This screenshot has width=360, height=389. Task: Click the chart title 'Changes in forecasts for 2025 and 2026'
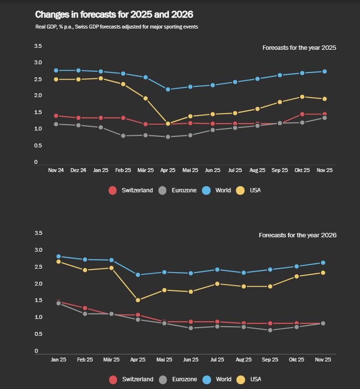(x=114, y=15)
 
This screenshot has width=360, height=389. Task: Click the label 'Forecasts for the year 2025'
(x=299, y=48)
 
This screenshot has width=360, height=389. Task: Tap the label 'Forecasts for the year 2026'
(x=297, y=235)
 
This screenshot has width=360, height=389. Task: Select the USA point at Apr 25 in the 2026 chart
(x=138, y=300)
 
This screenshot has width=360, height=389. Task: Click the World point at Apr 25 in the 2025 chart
(x=168, y=89)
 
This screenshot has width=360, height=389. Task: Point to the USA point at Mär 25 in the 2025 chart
(x=145, y=98)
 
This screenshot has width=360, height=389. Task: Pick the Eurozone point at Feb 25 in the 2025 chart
(x=123, y=136)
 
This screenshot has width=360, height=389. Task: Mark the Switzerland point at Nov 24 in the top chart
(x=56, y=116)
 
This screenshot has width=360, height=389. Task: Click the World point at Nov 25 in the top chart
(x=324, y=72)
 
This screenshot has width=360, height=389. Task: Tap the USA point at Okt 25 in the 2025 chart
(x=302, y=97)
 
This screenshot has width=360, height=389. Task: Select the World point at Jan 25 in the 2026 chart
(x=58, y=257)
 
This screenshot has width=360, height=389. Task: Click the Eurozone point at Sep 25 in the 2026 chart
(x=270, y=330)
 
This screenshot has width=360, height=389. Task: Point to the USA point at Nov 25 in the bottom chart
(x=323, y=273)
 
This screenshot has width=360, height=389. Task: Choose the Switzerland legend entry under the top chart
(x=131, y=190)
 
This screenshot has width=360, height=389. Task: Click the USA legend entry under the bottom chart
(x=249, y=379)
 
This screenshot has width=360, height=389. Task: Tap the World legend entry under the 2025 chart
(x=217, y=190)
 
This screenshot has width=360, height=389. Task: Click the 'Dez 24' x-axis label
(x=78, y=170)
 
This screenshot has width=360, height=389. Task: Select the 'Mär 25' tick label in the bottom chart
(x=112, y=360)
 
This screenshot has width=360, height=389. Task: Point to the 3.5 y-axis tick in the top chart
(x=38, y=46)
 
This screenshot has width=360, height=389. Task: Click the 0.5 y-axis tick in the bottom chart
(x=38, y=334)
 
